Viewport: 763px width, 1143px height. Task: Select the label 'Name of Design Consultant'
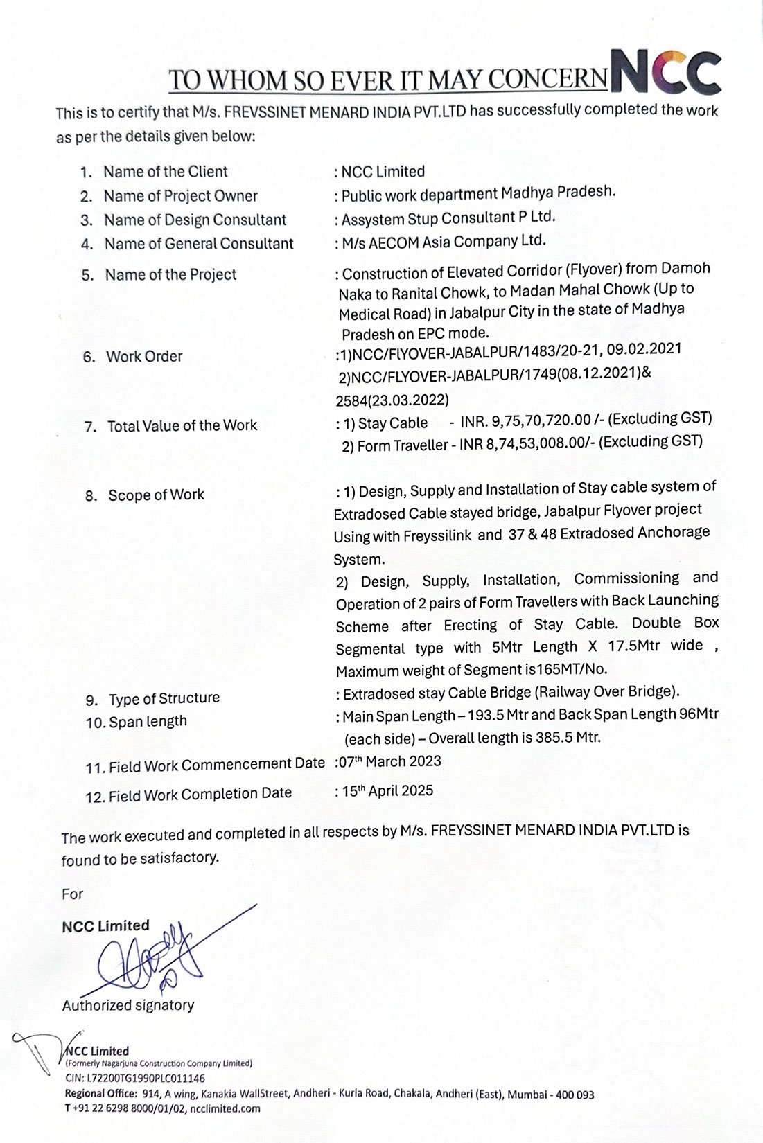tap(195, 220)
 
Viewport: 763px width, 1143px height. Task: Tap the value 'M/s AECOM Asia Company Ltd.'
tap(444, 242)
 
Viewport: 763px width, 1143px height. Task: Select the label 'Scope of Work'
tap(156, 495)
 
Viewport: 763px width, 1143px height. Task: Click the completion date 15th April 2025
tap(388, 791)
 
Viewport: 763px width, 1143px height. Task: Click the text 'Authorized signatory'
tap(128, 1005)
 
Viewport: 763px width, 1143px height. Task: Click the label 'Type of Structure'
tap(164, 698)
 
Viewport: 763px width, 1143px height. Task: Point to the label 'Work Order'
tap(144, 357)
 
